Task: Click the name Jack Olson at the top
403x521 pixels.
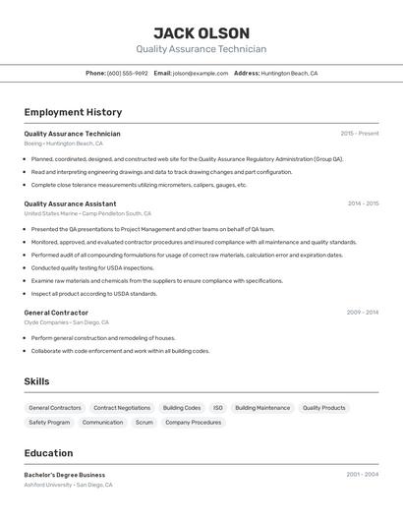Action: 201,32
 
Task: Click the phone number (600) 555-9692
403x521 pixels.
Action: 128,74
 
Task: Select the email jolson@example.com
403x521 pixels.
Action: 201,74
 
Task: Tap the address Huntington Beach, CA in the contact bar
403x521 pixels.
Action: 289,74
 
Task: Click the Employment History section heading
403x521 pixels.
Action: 73,112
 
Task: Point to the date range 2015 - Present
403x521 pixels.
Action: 360,134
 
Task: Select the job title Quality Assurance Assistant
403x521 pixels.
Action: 70,204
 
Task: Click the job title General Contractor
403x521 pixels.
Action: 56,313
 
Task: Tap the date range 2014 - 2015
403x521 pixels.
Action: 363,204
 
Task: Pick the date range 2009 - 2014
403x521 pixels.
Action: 363,313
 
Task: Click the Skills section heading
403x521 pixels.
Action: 36,381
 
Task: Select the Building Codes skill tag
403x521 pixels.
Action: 182,407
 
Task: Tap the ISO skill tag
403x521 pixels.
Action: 218,407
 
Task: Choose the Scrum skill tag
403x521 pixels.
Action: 144,422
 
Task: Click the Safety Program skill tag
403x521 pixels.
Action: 49,422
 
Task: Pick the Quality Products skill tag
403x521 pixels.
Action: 323,407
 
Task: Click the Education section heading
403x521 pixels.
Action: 48,453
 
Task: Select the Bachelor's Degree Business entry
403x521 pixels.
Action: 65,475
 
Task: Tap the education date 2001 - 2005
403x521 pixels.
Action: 363,475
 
